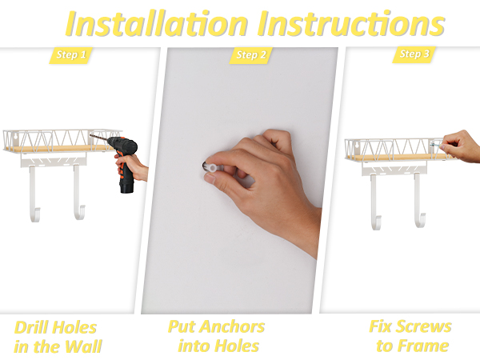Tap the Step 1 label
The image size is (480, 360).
[x=71, y=55]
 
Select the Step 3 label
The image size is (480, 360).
[x=414, y=55]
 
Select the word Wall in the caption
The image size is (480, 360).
[x=83, y=346]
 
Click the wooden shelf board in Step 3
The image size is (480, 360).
[x=392, y=158]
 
